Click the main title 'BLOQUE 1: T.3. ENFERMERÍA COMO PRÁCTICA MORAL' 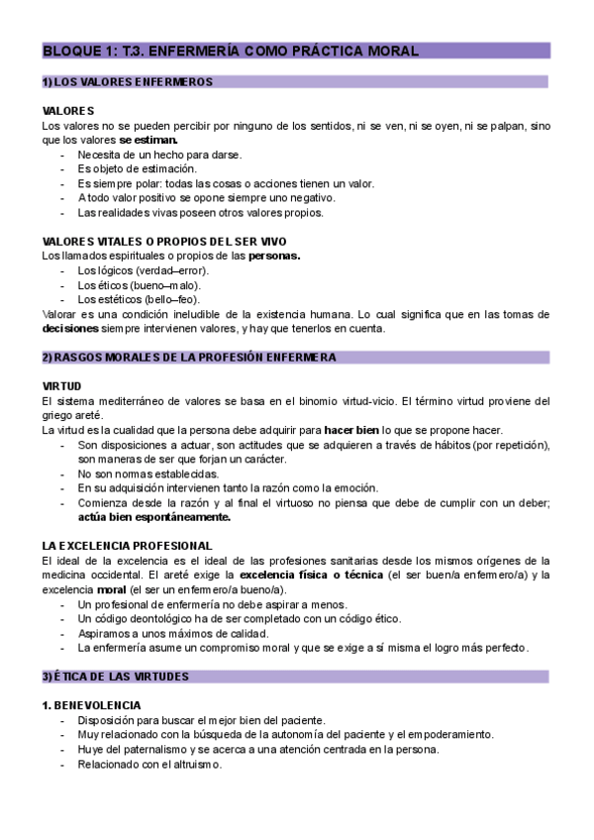pos(230,51)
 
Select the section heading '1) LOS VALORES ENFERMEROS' pos(127,82)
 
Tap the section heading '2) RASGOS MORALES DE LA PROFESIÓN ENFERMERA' pos(189,357)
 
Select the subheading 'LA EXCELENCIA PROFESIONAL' pos(127,546)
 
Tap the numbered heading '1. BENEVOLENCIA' pos(92,705)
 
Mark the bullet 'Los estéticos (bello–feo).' pos(140,299)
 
